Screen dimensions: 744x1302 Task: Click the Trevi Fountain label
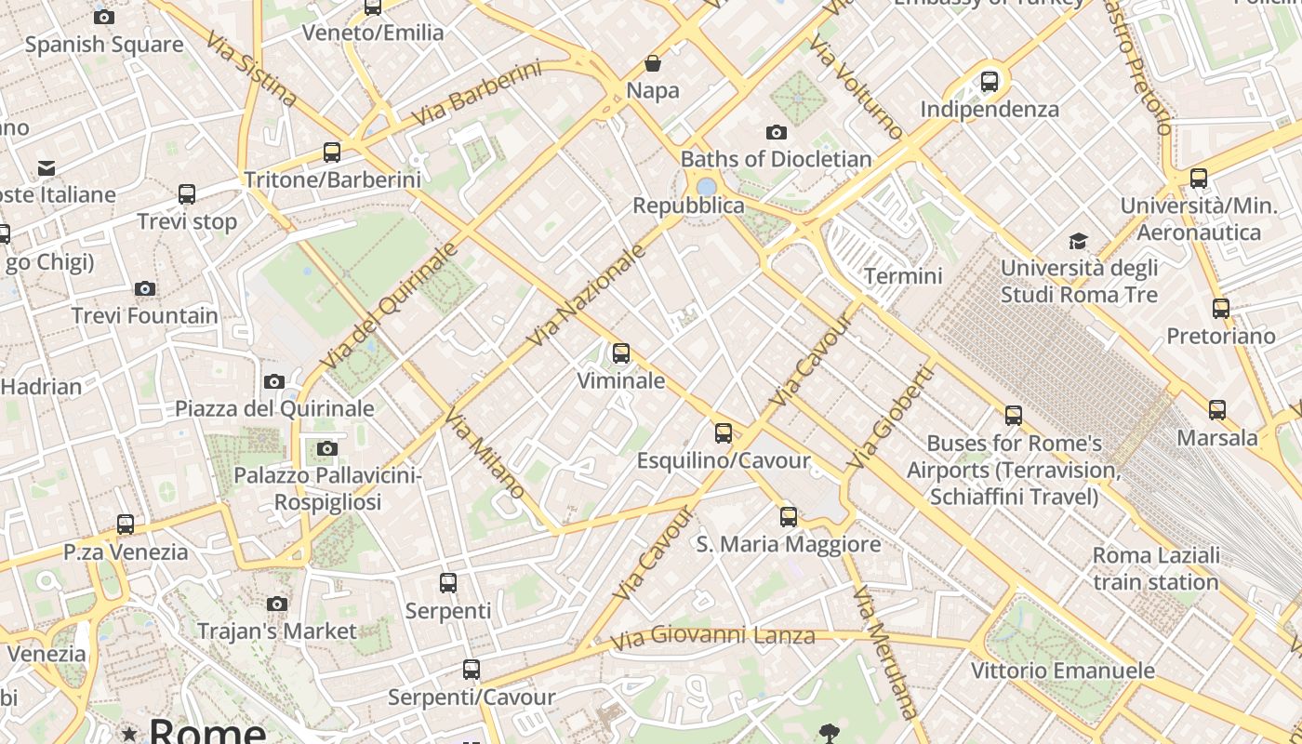coord(145,315)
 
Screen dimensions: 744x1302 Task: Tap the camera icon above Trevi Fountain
coord(145,288)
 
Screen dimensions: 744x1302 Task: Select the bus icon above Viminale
coord(621,353)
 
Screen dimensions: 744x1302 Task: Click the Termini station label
coord(903,275)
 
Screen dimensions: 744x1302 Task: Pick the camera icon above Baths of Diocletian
coord(777,132)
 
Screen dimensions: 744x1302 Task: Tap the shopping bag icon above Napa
coord(653,63)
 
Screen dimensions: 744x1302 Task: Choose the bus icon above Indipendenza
coord(990,82)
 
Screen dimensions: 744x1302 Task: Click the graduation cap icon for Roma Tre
coord(1078,242)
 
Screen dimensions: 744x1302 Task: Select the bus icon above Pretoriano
coord(1221,309)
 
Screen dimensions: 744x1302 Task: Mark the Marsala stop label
coord(1216,437)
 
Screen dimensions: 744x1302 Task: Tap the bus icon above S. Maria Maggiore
coord(789,516)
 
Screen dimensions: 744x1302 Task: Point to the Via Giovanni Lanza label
coord(713,637)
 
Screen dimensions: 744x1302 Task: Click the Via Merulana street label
coord(884,652)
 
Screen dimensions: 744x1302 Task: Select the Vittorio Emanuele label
coord(1062,671)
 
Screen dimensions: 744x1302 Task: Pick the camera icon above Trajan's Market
coord(276,604)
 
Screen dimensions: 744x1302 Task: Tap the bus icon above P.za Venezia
coord(126,525)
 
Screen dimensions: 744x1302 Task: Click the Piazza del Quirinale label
coord(274,408)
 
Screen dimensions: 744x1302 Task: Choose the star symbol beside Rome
coord(129,735)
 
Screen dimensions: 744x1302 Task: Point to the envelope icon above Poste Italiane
coord(46,168)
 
